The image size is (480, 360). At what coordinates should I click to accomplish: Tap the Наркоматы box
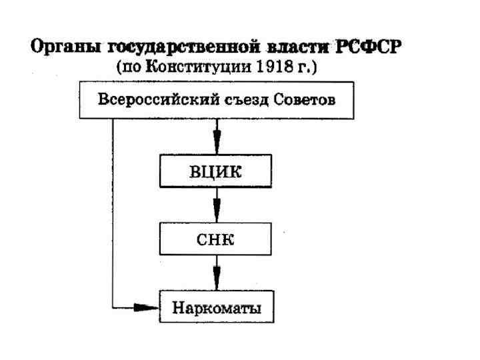(x=216, y=308)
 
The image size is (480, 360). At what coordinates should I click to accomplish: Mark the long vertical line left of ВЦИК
(x=113, y=200)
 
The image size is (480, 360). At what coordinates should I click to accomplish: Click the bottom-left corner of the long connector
(x=113, y=308)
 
